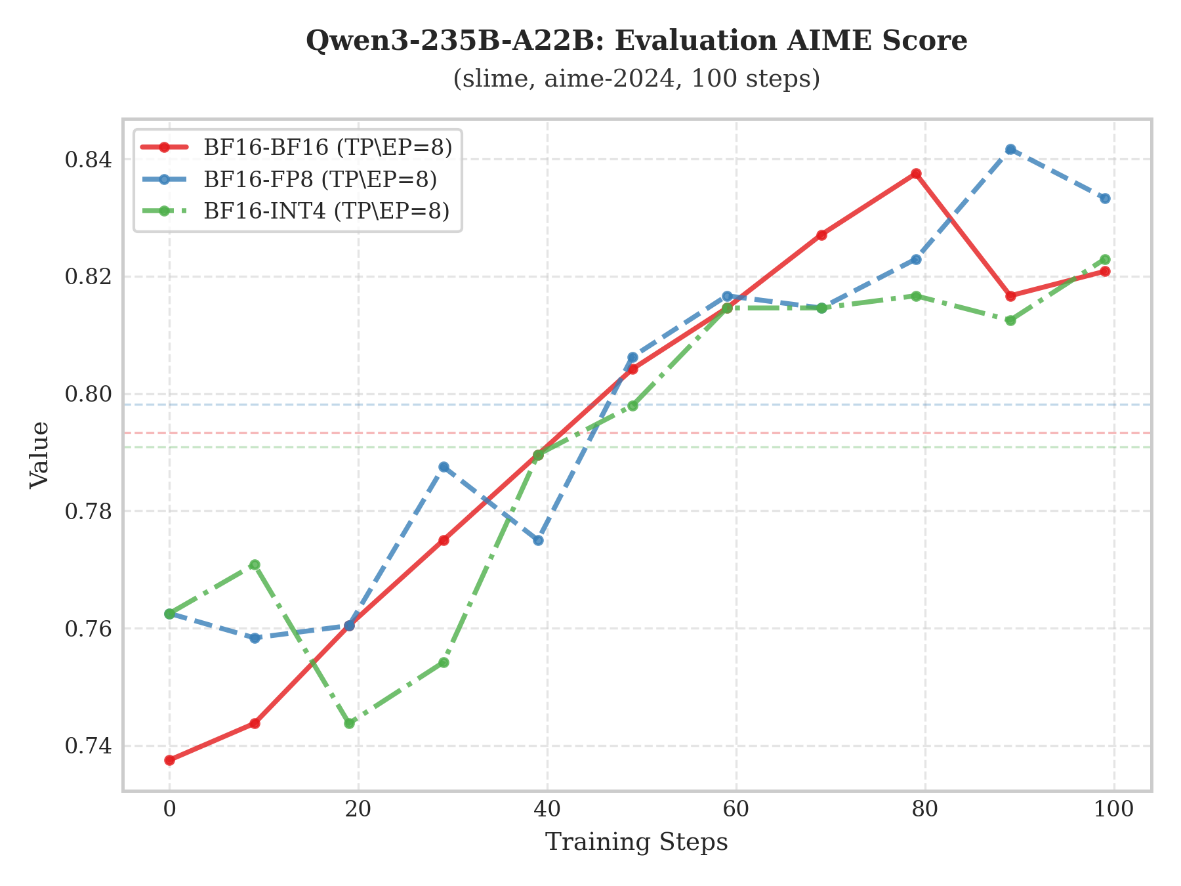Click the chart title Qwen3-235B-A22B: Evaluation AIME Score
coord(636,41)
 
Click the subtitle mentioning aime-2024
coord(636,79)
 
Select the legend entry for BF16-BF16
coord(328,147)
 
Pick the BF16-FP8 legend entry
coord(320,179)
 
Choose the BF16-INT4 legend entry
coord(327,211)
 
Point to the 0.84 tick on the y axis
coord(88,159)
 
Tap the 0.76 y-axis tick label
coord(88,629)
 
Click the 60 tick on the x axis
coord(736,809)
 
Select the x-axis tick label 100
coord(1114,809)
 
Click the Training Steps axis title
coord(636,842)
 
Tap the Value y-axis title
coord(40,455)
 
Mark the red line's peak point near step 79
coord(916,174)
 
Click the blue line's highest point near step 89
coord(1010,150)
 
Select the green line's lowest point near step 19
coord(349,723)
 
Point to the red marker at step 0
coord(169,760)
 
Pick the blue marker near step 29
coord(444,467)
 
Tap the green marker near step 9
coord(255,564)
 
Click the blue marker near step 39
coord(538,540)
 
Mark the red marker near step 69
coord(821,235)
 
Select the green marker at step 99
coord(1105,260)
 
